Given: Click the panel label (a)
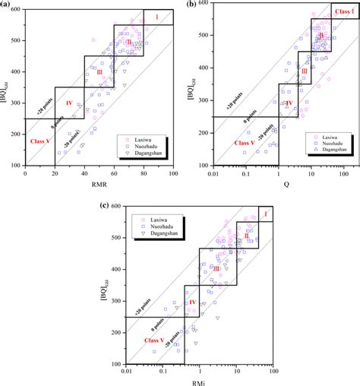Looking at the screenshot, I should tap(5, 5).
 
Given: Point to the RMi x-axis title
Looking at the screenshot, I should tap(199, 381).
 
